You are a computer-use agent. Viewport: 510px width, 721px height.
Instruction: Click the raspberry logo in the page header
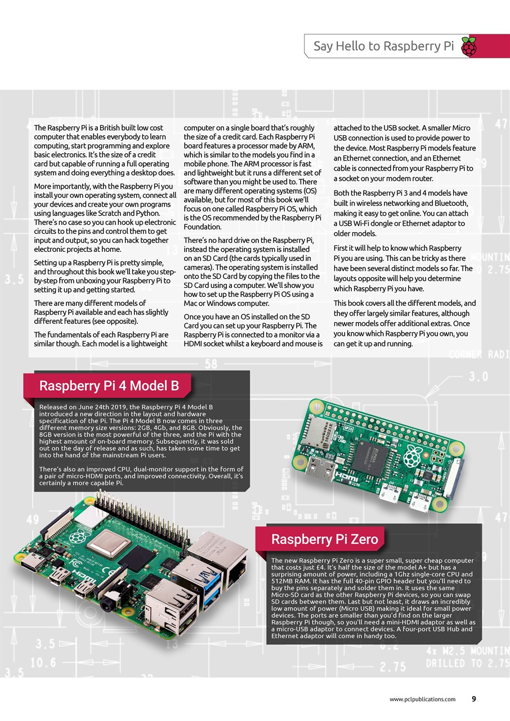coord(468,47)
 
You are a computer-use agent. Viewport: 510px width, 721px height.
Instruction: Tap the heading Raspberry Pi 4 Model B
coord(109,386)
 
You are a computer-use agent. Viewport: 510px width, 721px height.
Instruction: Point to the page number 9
coord(473,699)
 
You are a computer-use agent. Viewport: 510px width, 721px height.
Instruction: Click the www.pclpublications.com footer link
coord(422,699)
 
